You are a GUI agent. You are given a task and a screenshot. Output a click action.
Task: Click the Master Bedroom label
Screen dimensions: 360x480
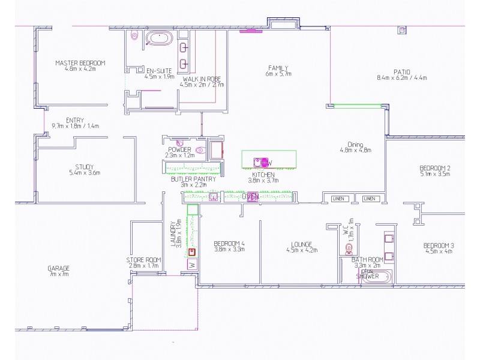coord(80,63)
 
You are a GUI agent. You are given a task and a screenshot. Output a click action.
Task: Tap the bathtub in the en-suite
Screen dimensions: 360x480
coord(159,39)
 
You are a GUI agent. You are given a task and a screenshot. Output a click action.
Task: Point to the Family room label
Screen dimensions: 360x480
coord(278,68)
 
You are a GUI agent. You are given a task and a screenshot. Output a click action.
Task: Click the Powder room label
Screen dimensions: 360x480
coord(180,149)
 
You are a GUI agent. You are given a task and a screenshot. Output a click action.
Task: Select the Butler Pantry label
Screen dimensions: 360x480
coord(193,179)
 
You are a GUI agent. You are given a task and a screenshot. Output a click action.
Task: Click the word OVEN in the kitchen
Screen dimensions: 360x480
coord(250,196)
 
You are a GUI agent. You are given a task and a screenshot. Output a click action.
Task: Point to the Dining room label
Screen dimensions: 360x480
coord(355,144)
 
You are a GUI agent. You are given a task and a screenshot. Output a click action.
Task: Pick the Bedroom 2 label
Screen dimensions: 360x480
coord(435,168)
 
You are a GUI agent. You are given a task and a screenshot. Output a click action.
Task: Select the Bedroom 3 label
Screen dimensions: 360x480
coord(439,245)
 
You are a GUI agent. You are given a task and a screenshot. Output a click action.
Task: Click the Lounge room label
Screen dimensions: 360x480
coord(301,245)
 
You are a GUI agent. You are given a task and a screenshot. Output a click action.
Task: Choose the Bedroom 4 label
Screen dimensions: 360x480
coord(229,244)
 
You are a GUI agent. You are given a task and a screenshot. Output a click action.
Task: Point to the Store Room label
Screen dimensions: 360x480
coord(142,260)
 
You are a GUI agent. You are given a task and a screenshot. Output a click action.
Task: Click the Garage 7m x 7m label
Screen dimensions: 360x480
coord(59,268)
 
